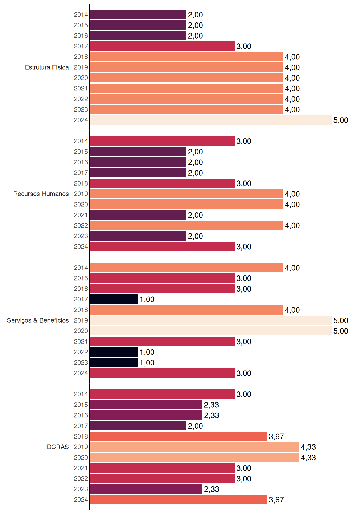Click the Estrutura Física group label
click(47, 67)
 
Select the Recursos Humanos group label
click(41, 194)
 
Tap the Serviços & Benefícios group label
click(38, 320)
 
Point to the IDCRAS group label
click(57, 447)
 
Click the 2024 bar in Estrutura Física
click(211, 120)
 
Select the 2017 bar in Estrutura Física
click(162, 46)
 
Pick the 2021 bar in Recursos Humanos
click(138, 215)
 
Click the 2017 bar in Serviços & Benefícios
click(114, 299)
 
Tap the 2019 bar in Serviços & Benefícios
click(211, 320)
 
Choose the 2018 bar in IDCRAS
click(179, 436)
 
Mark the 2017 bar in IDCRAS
click(138, 426)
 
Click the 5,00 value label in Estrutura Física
click(341, 120)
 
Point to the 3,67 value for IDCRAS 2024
click(276, 500)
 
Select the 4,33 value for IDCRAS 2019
click(308, 447)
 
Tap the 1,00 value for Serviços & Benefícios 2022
click(147, 352)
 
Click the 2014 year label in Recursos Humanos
click(81, 141)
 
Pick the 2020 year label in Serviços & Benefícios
click(81, 331)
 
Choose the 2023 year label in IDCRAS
click(81, 489)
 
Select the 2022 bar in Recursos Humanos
click(187, 225)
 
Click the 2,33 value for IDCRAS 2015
click(211, 405)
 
